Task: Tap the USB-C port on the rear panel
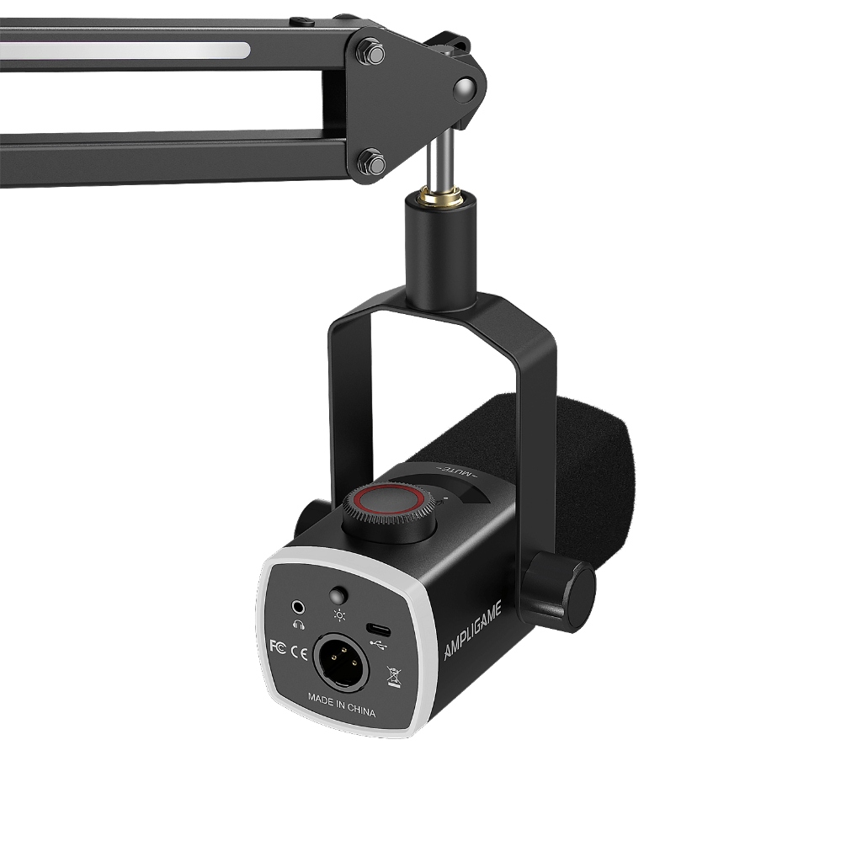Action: pos(378,630)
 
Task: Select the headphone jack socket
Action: pos(298,608)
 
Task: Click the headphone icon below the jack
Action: pos(299,625)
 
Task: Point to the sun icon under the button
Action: pos(339,615)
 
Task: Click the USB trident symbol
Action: pos(378,643)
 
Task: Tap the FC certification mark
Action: pos(278,646)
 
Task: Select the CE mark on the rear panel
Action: pos(299,652)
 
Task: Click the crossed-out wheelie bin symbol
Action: pos(394,676)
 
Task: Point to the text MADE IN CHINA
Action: pos(342,705)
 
